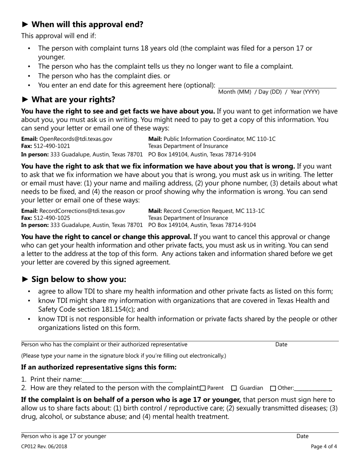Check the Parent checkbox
pyautogui.click(x=203, y=388)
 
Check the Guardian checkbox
pyautogui.click(x=234, y=388)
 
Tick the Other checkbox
pyautogui.click(x=273, y=388)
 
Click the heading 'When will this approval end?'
pyautogui.click(x=87, y=25)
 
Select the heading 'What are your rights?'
pyautogui.click(x=73, y=100)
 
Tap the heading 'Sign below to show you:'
pyautogui.click(x=78, y=279)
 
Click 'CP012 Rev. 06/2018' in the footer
pyautogui.click(x=44, y=446)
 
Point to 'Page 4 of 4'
pyautogui.click(x=324, y=446)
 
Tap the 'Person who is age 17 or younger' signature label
pyautogui.click(x=64, y=436)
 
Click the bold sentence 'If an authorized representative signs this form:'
pyautogui.click(x=99, y=367)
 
